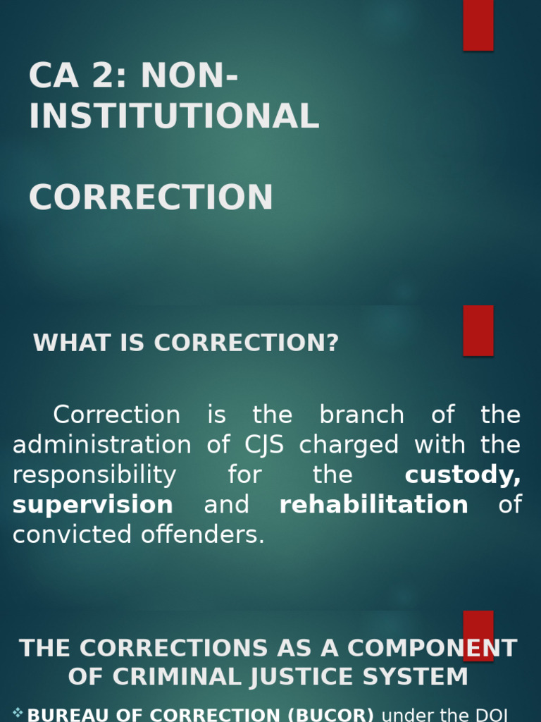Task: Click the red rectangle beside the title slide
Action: pos(478,25)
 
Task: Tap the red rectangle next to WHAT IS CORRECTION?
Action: pos(478,331)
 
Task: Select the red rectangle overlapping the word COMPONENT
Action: pos(478,635)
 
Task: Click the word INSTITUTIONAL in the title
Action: pos(174,116)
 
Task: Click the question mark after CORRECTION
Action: pos(332,343)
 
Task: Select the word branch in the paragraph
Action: pos(361,415)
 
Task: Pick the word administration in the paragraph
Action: pos(101,445)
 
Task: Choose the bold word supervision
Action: pos(93,505)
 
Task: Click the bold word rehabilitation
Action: pos(373,505)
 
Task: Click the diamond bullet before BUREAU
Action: pos(18,713)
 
